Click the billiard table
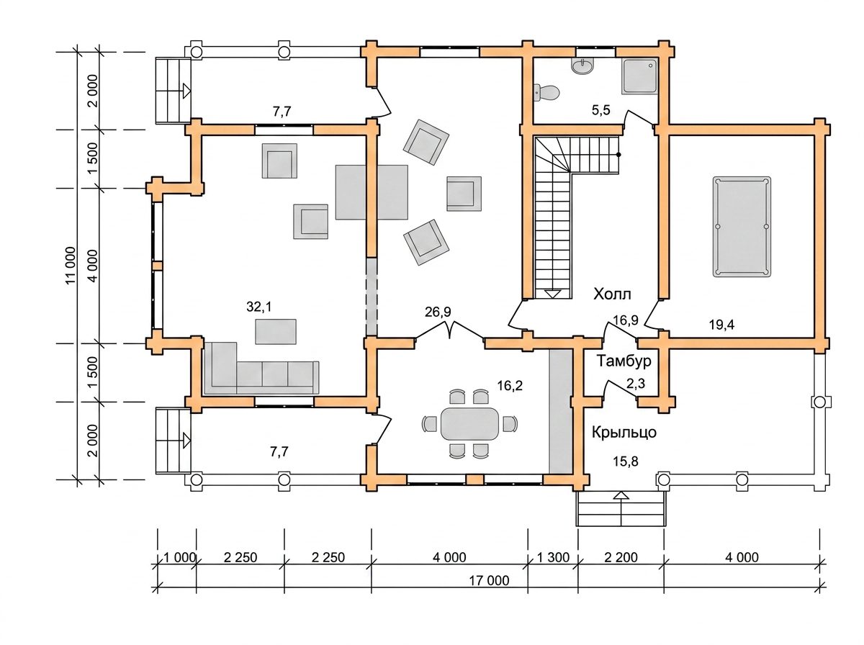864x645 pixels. (x=742, y=227)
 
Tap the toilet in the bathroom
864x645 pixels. (x=546, y=92)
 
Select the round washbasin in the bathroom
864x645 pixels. (x=582, y=66)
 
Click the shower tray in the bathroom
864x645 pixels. (x=639, y=77)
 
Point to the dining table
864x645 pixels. (x=469, y=423)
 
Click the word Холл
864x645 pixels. (x=612, y=294)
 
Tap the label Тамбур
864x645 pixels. (x=624, y=361)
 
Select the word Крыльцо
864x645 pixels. (x=624, y=433)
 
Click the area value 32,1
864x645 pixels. (x=259, y=307)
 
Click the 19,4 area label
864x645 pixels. (x=721, y=325)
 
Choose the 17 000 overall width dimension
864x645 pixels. (x=489, y=580)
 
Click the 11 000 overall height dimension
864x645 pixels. (x=71, y=266)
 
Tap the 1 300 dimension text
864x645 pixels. (x=554, y=557)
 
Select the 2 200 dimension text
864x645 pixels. (x=621, y=557)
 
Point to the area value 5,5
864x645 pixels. (x=601, y=111)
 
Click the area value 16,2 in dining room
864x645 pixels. (x=510, y=386)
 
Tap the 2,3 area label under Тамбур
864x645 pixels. (x=636, y=383)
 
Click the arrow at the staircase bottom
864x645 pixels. (x=553, y=294)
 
